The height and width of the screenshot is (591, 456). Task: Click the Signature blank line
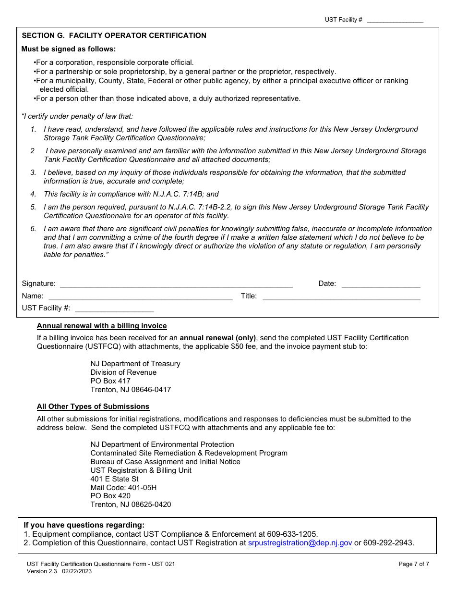point(176,284)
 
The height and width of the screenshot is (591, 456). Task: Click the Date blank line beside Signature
point(381,284)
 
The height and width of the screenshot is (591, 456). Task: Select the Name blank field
point(140,296)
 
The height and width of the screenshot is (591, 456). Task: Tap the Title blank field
point(341,296)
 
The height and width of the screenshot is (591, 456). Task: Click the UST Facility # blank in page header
point(395,20)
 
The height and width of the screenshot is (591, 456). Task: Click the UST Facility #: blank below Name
point(114,308)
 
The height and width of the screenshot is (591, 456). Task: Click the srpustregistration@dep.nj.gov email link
point(300,543)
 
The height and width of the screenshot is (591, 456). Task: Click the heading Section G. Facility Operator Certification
point(114,36)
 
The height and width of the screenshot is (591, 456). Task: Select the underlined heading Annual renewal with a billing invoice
point(102,326)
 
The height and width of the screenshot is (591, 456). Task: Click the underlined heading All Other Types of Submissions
point(93,406)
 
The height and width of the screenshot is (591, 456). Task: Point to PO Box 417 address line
point(110,381)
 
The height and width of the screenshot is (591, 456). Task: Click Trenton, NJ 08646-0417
point(131,390)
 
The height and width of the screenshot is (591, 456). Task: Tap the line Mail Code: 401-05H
point(123,488)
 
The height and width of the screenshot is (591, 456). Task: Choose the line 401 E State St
point(114,479)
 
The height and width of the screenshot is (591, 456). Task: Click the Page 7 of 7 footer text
point(414,564)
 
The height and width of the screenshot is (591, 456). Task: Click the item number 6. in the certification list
point(33,229)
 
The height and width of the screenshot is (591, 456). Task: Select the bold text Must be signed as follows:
point(68,49)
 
